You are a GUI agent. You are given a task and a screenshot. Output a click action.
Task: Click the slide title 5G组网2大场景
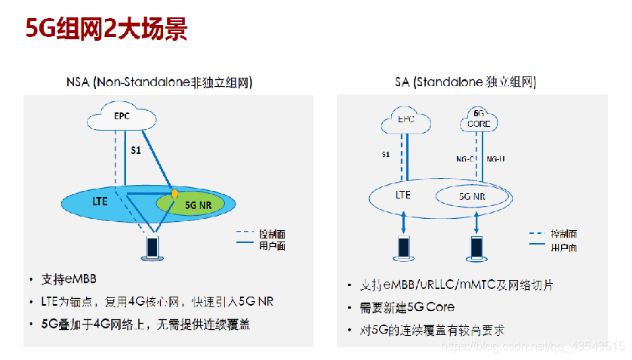(106, 29)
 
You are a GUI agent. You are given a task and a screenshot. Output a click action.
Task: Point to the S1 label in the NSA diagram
(135, 150)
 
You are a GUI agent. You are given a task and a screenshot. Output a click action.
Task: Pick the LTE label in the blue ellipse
(100, 202)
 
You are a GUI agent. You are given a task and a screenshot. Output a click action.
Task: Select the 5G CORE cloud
(479, 118)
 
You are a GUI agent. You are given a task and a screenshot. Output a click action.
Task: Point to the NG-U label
(495, 159)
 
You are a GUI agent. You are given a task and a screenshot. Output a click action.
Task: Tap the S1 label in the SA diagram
(385, 155)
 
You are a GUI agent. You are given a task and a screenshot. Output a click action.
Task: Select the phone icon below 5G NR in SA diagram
(477, 247)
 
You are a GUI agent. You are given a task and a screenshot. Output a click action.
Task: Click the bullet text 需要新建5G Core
(408, 308)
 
